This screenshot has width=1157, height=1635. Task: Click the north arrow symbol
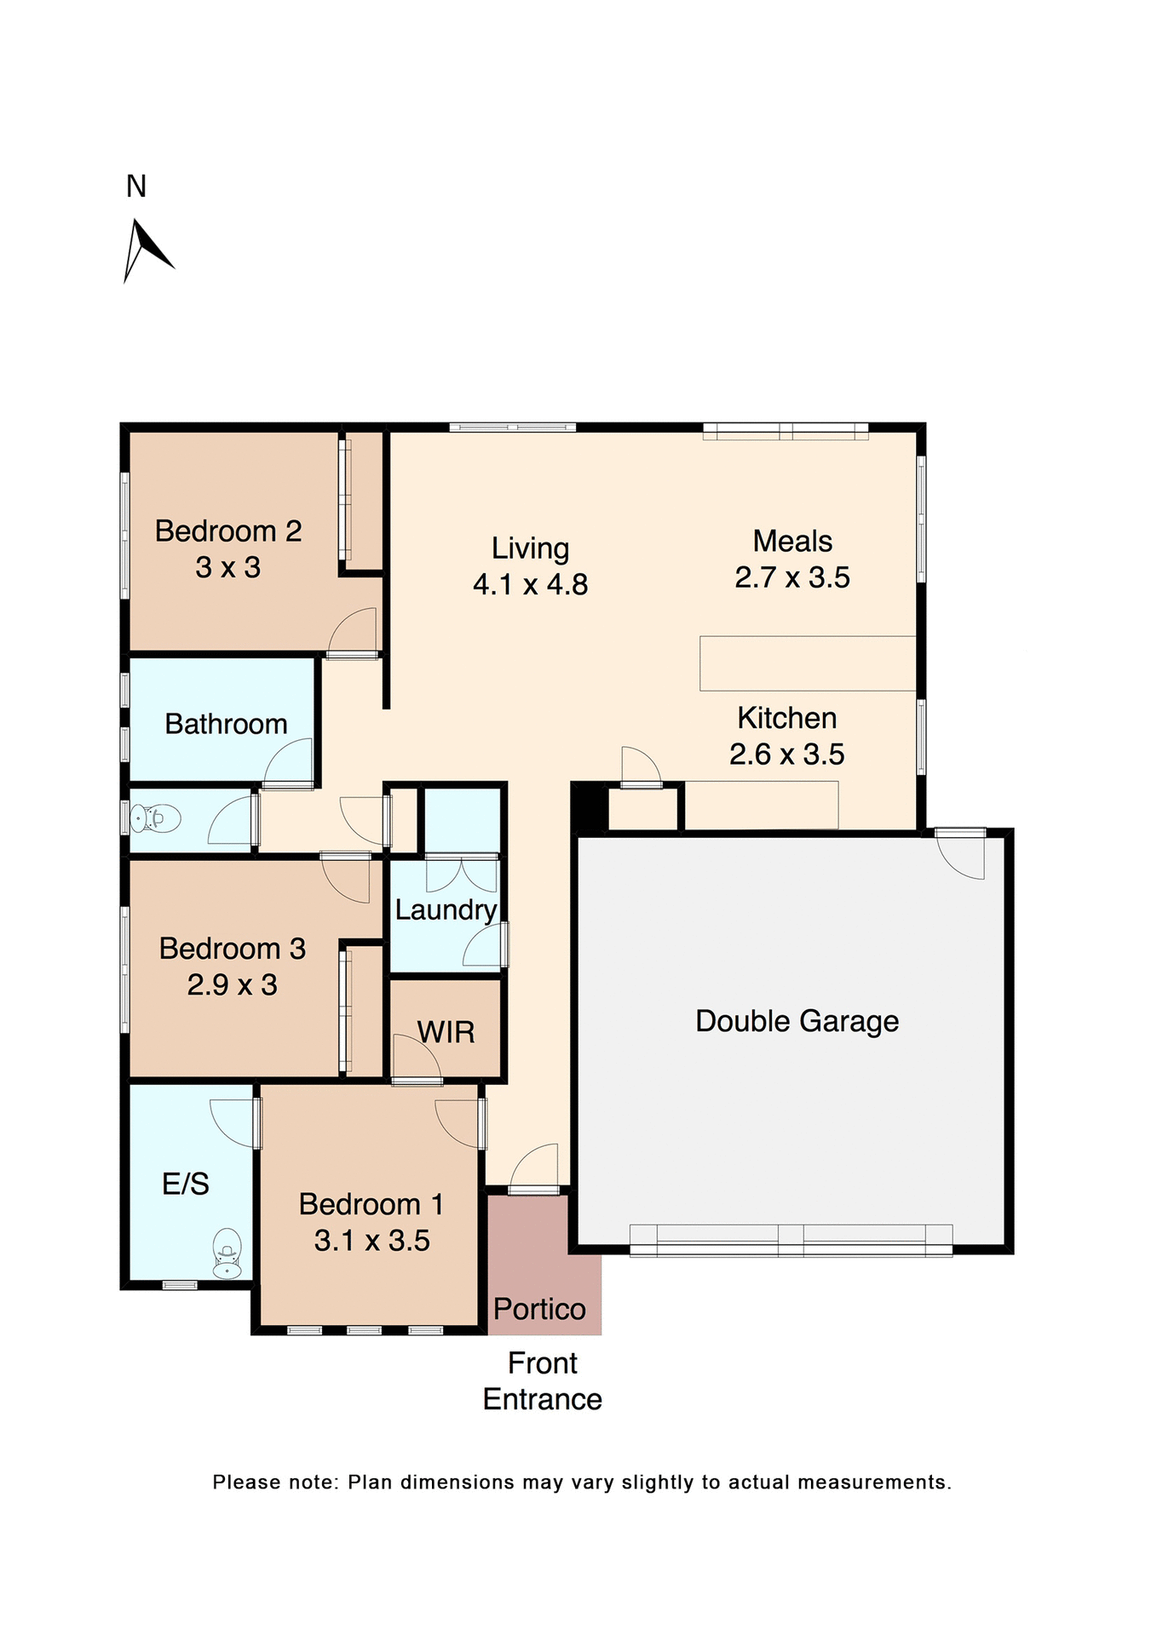click(x=145, y=250)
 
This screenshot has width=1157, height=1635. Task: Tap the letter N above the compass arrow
click(x=136, y=186)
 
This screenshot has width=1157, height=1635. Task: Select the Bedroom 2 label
click(x=228, y=531)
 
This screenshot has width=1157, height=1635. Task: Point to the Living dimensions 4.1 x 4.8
click(x=530, y=585)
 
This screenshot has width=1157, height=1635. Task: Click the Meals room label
click(x=792, y=542)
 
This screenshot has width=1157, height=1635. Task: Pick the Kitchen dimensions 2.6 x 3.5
click(x=786, y=754)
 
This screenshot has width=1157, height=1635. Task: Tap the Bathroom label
click(x=226, y=724)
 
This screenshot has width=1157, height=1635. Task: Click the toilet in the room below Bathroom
click(x=156, y=818)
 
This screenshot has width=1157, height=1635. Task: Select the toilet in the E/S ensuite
click(x=227, y=1253)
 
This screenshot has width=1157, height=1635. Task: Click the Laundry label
click(x=446, y=910)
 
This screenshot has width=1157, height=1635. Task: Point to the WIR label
click(x=446, y=1033)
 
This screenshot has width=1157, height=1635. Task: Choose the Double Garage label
click(x=797, y=1021)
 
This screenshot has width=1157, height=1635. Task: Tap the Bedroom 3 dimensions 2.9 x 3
click(x=232, y=985)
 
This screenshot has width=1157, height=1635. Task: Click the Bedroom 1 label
click(x=371, y=1205)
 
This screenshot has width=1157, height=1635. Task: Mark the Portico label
click(x=539, y=1309)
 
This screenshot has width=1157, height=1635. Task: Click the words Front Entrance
click(x=543, y=1381)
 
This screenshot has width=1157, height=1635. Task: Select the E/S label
click(x=186, y=1184)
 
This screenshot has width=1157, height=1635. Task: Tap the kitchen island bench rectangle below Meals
click(x=808, y=663)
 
